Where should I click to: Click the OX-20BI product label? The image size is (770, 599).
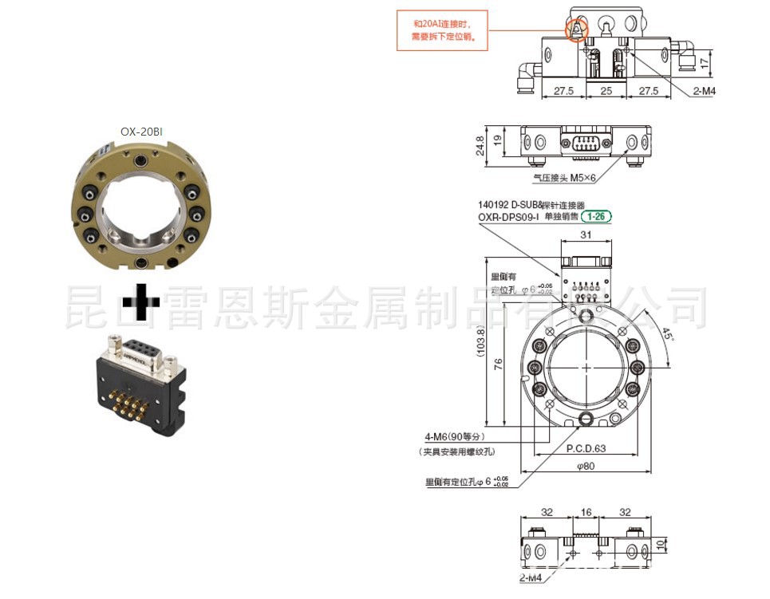point(141,132)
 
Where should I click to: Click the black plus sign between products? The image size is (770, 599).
point(140,304)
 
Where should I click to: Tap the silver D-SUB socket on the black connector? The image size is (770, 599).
point(141,351)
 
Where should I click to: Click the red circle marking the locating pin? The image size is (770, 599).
point(576,30)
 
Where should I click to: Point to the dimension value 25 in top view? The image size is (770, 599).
point(606,92)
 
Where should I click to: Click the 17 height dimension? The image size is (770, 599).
point(703,61)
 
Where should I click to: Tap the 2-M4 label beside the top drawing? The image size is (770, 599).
point(704,91)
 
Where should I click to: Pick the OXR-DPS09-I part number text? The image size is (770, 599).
point(508,216)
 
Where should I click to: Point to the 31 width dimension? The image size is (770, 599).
point(586,234)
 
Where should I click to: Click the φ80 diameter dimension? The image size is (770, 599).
point(587,466)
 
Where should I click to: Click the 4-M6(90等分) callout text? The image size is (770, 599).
point(454,436)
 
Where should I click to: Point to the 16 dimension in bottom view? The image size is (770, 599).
point(586,513)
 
